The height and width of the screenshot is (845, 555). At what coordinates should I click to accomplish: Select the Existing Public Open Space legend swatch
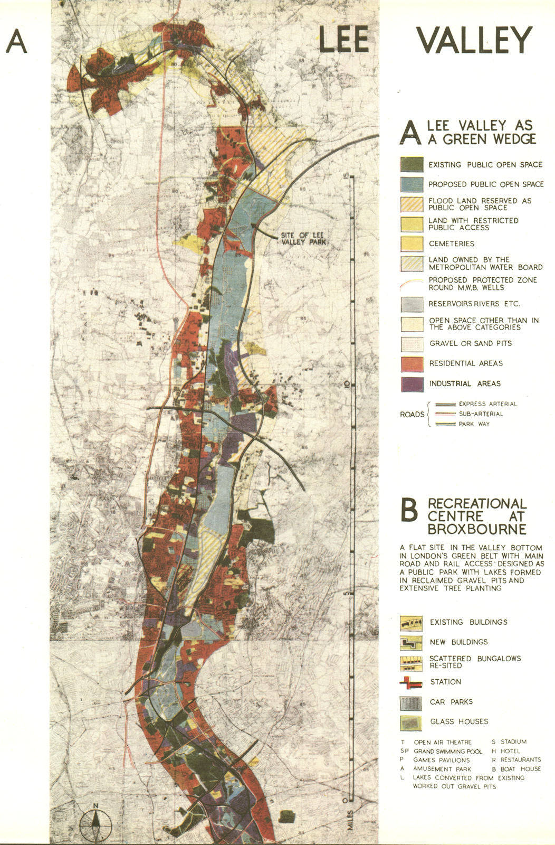coord(412,165)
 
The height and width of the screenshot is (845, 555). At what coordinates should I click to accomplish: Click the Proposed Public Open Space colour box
coord(412,184)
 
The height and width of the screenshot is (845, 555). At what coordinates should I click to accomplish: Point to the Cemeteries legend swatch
coord(412,243)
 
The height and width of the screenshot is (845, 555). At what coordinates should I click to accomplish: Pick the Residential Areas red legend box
coord(412,364)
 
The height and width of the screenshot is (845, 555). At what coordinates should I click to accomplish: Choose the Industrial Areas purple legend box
coord(412,384)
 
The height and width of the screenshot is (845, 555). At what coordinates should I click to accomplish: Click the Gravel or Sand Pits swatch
coord(412,344)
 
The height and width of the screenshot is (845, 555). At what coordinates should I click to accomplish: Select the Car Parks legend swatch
coord(411,702)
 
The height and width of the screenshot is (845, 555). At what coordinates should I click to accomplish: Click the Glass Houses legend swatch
coord(411,722)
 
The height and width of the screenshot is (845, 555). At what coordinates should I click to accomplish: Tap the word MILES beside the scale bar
coord(350,819)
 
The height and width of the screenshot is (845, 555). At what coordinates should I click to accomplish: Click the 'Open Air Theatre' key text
coord(443,742)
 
